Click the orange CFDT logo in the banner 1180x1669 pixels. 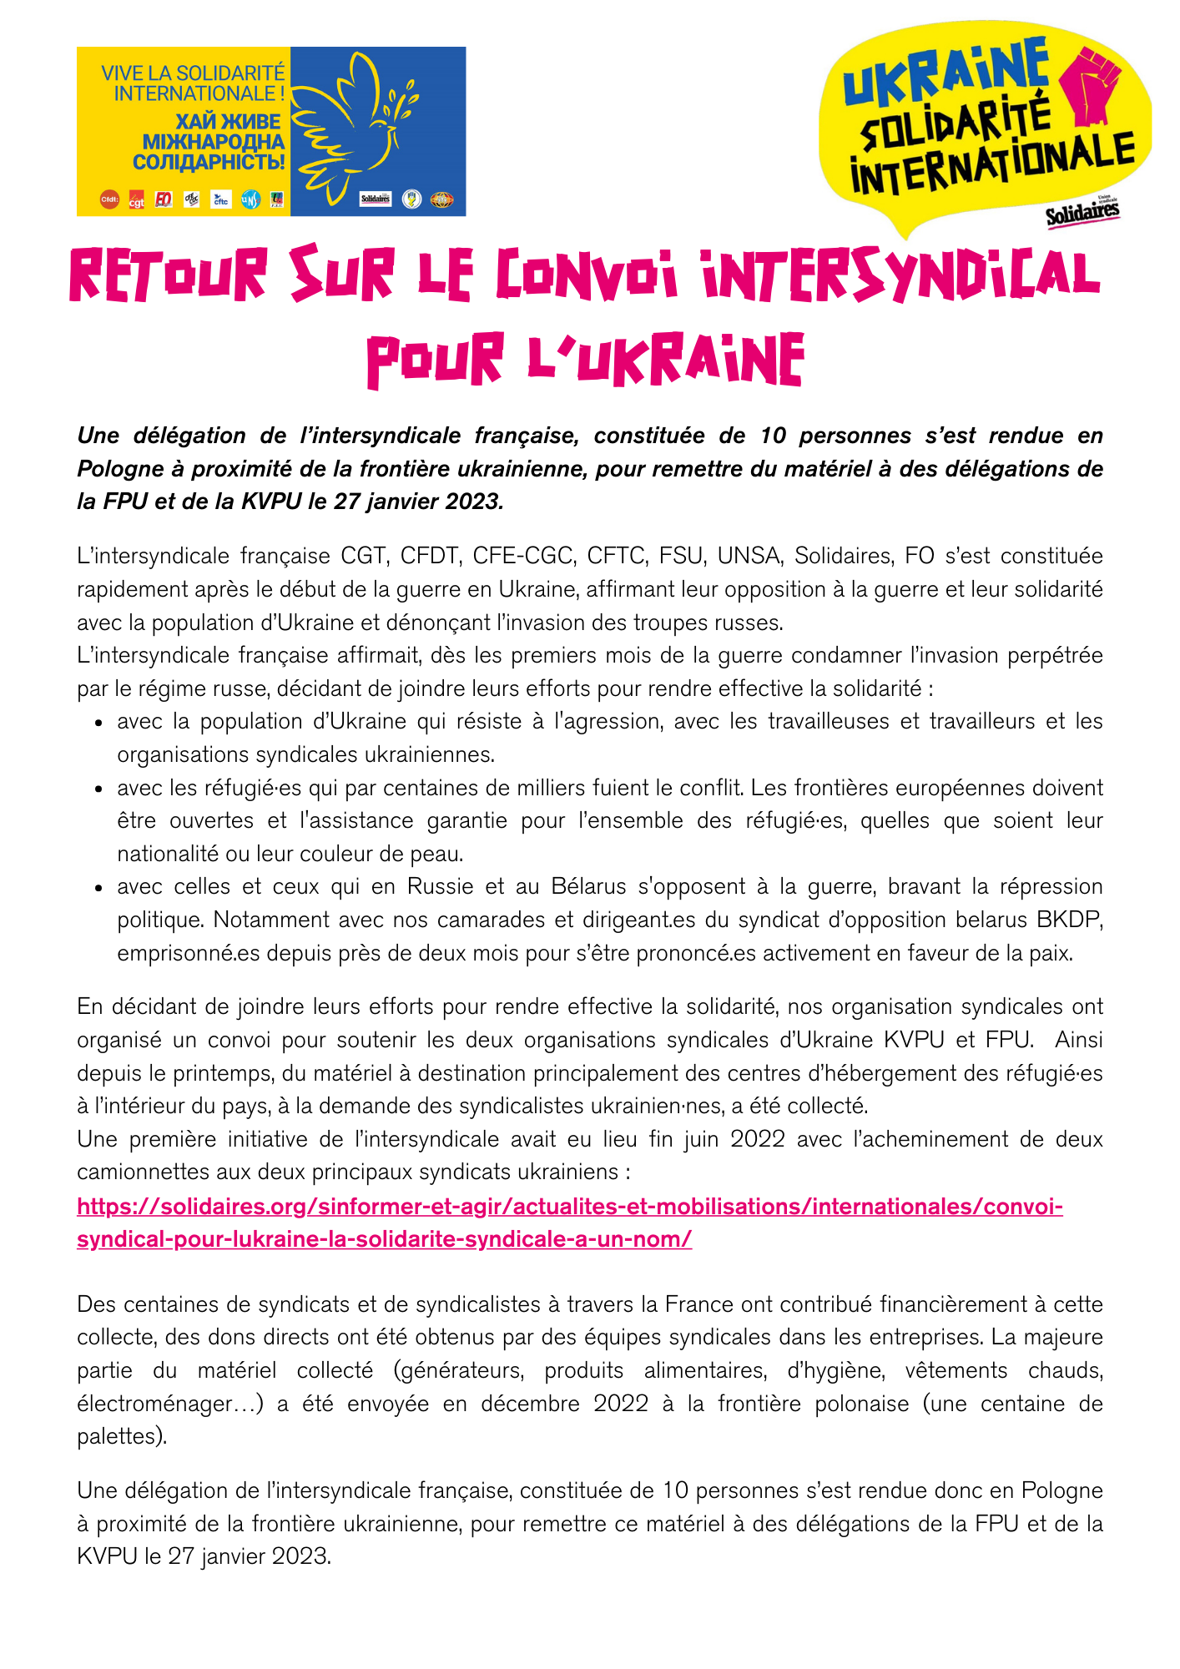(x=109, y=199)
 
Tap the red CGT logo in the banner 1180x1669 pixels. (x=136, y=200)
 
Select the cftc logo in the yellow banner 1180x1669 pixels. (x=220, y=200)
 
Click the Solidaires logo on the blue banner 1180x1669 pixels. (x=375, y=199)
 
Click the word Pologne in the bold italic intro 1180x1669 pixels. (x=115, y=469)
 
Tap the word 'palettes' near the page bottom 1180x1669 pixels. (x=117, y=1436)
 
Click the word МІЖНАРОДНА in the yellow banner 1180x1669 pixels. (x=214, y=142)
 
